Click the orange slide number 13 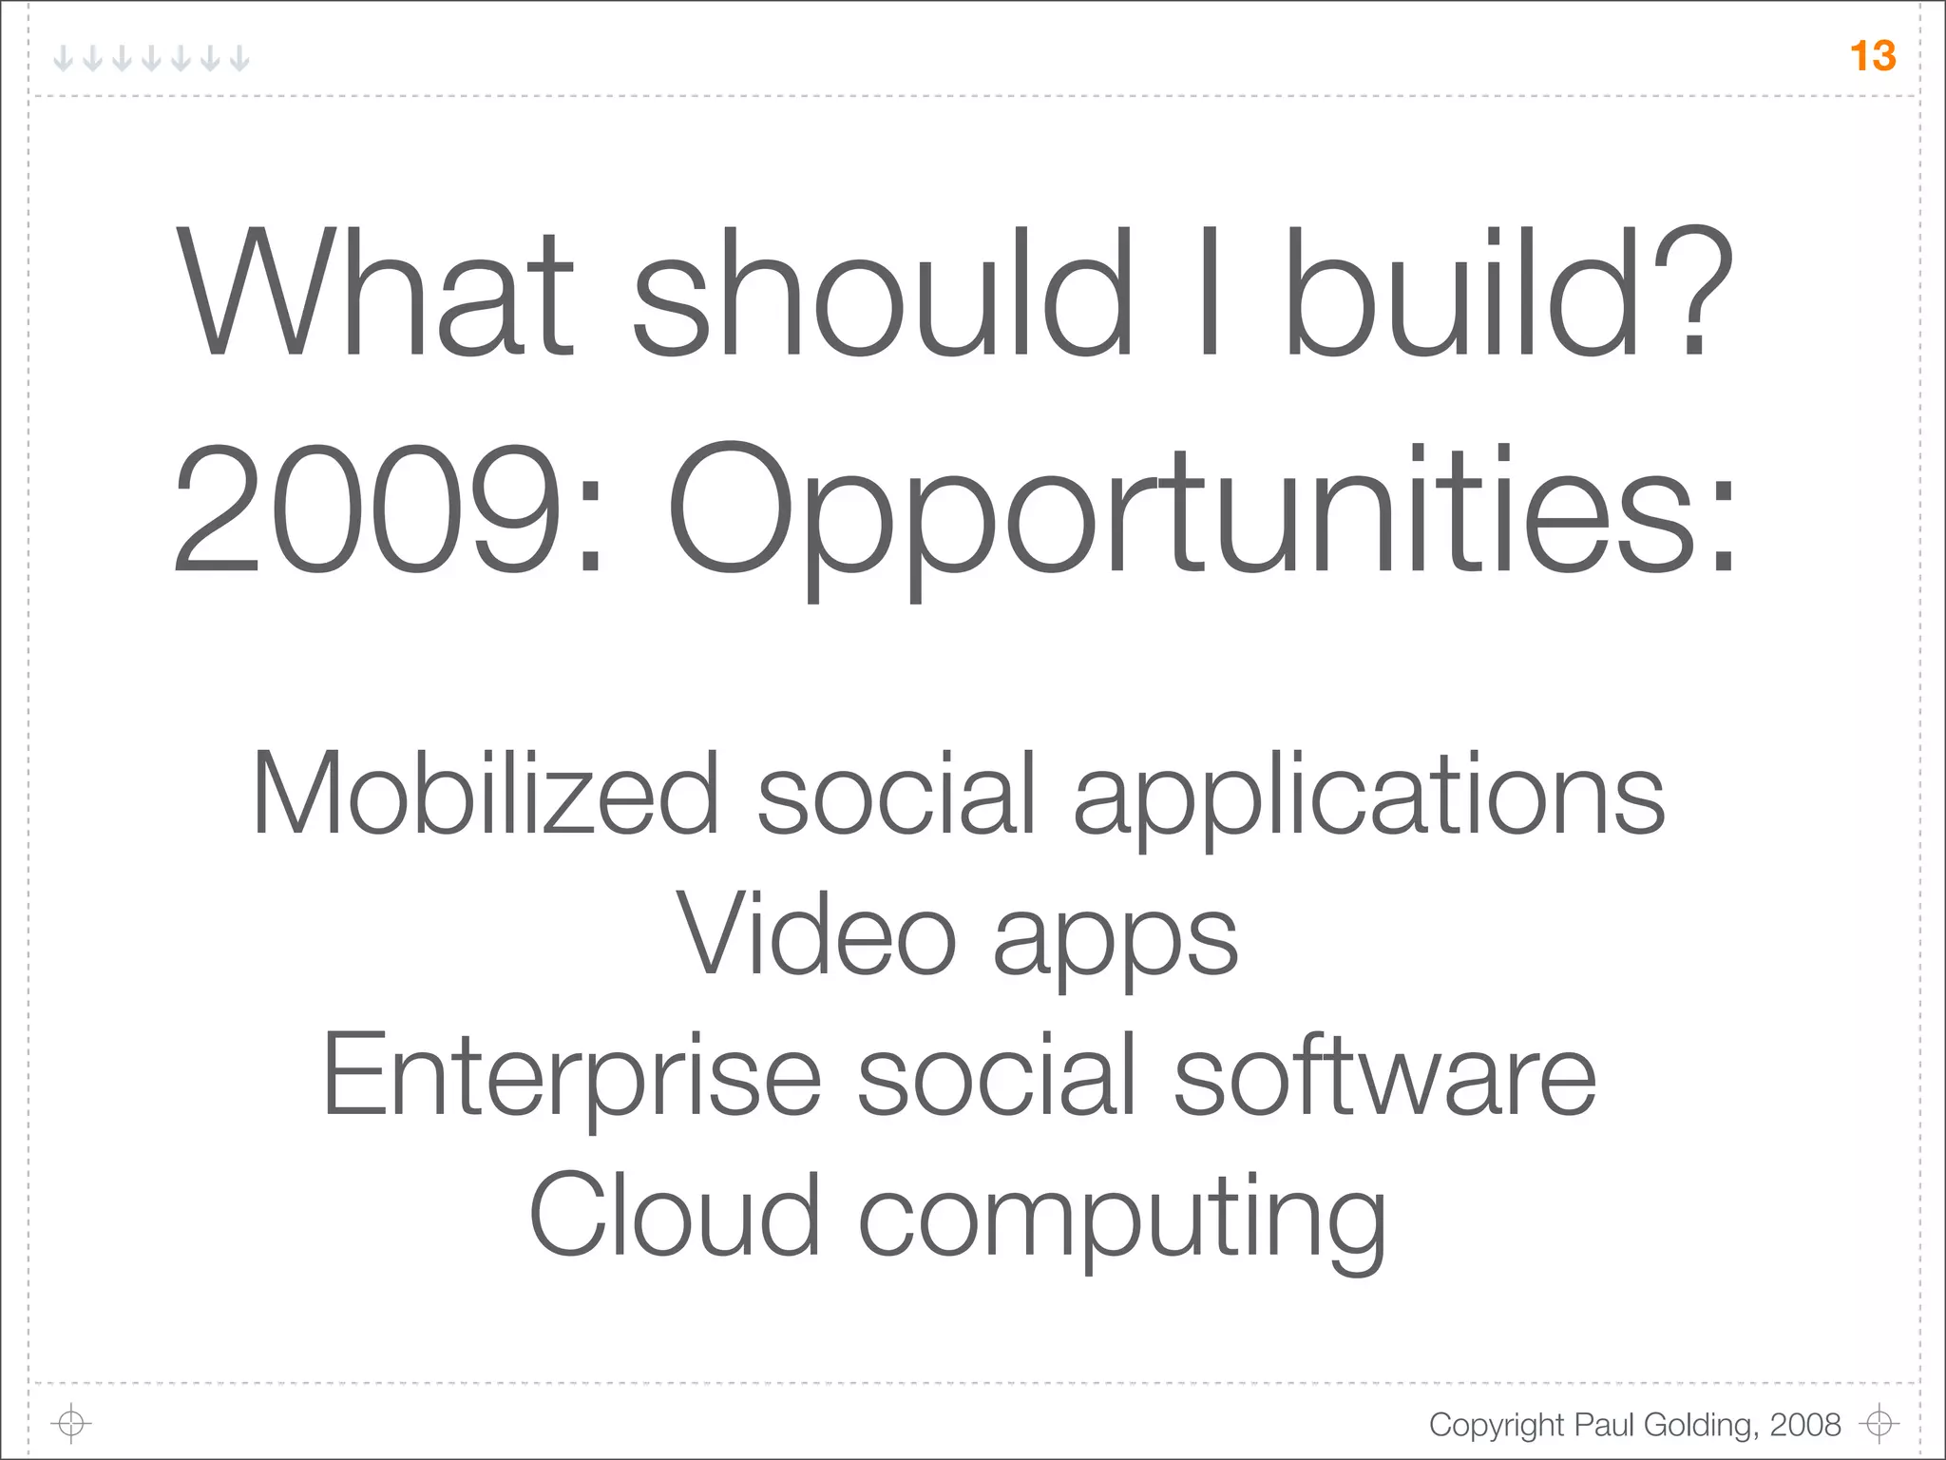(1873, 56)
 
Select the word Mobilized (486, 793)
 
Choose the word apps (1116, 941)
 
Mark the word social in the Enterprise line (997, 1074)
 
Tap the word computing (1121, 1221)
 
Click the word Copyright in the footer (1497, 1425)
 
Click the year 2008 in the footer (1805, 1424)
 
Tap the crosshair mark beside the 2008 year (1879, 1423)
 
